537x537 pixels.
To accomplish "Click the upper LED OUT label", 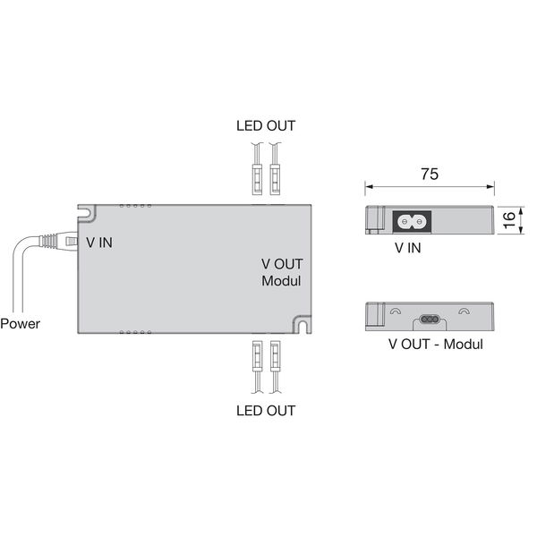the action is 266,125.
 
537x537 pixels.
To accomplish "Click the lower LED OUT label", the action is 266,411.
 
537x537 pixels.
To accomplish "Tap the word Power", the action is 21,324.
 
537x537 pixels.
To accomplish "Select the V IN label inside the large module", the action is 99,243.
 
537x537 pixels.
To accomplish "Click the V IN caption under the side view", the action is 407,248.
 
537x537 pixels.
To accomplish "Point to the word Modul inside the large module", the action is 281,281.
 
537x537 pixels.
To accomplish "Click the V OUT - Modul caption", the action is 436,345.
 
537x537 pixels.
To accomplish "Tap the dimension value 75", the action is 430,174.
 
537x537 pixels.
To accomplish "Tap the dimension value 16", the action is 509,220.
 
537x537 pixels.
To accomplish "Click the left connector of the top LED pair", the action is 257,180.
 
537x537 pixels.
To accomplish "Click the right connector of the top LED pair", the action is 275,180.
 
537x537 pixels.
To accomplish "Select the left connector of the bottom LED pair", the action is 257,356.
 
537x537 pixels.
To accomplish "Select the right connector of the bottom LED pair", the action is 275,356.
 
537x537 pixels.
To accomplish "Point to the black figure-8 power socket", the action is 412,222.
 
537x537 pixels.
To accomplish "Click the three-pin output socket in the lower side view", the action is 430,320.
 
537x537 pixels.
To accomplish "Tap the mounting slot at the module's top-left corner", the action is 86,213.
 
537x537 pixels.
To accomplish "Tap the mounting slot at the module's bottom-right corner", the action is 303,324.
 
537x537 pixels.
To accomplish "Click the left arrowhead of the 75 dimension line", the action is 369,187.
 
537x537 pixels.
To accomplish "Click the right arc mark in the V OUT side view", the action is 464,311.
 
